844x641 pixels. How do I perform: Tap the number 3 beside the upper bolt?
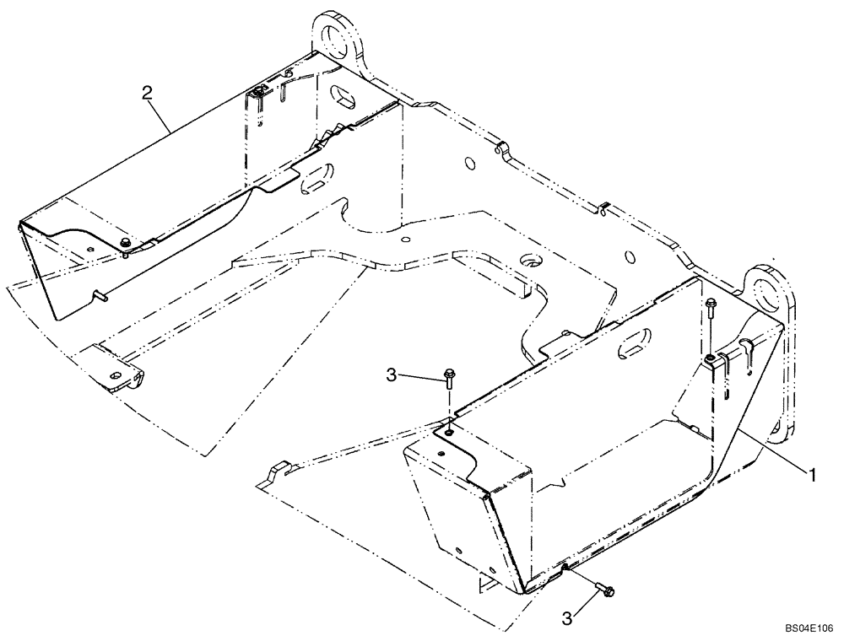point(391,374)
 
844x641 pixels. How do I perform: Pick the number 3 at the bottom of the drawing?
point(568,618)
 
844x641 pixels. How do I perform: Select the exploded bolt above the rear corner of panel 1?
point(711,310)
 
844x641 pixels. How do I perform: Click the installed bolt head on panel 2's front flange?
point(125,243)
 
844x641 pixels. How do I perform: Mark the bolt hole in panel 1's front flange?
point(448,432)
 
